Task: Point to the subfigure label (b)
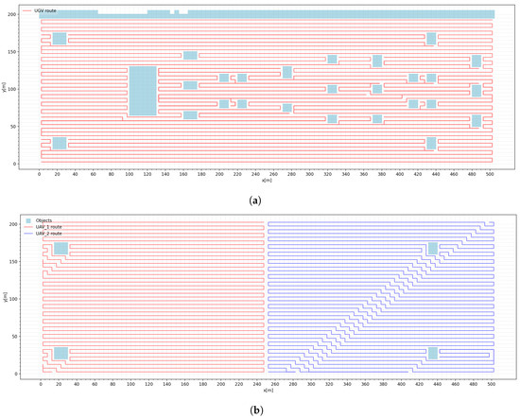coord(260,410)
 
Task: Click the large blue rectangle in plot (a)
coord(142,91)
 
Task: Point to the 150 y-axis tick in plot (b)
coord(28,261)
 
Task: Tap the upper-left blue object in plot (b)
coord(61,249)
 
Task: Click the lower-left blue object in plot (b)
coord(61,353)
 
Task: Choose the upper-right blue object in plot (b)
coord(433,249)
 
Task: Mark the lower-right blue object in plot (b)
coord(433,353)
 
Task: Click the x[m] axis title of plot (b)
coord(266,391)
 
